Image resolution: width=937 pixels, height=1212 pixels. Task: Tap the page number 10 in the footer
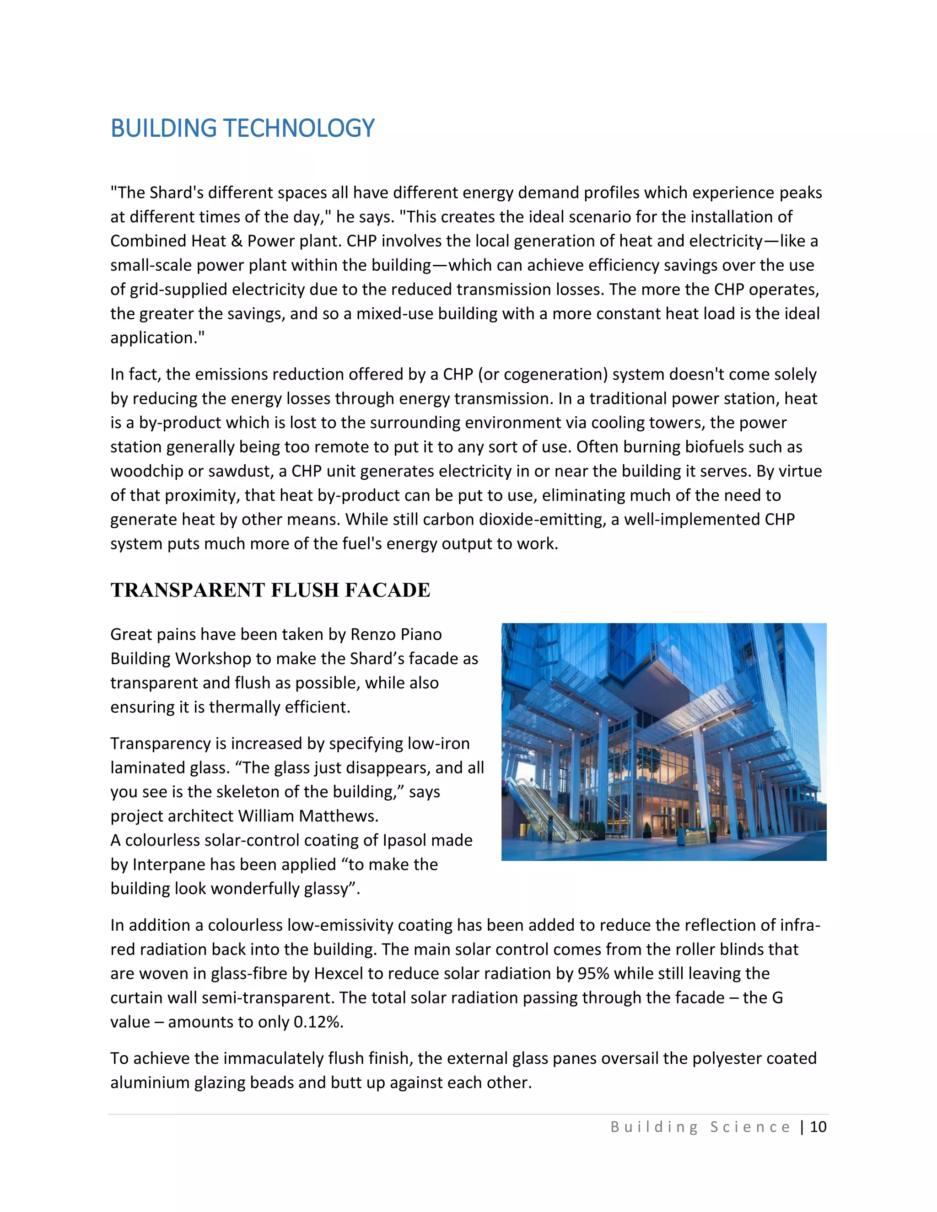[818, 1127]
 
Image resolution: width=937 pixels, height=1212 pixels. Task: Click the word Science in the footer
[750, 1127]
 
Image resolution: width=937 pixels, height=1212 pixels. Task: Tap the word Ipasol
[404, 840]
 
